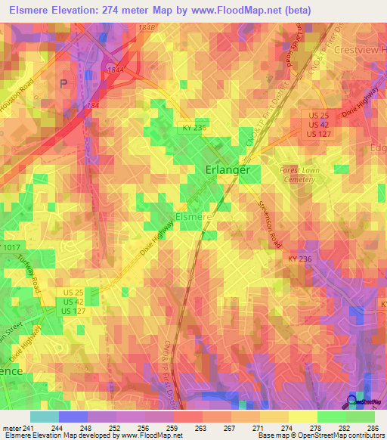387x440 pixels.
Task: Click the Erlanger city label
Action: point(228,170)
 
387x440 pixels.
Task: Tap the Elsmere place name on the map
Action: point(192,216)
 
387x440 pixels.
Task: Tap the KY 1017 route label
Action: point(11,248)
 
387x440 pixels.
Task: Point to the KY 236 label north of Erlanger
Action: point(193,129)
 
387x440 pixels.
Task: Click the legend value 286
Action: point(373,429)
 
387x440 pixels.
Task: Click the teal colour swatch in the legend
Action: point(44,417)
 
